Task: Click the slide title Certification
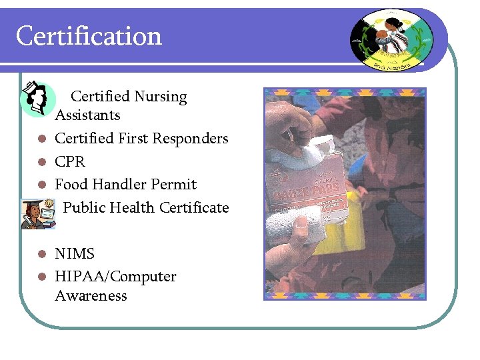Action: (x=89, y=36)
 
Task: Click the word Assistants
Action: (x=87, y=115)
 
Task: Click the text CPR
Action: (x=70, y=161)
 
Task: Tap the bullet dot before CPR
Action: (x=41, y=162)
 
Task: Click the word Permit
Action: (x=175, y=184)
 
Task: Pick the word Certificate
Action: (x=195, y=207)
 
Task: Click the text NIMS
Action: (x=75, y=254)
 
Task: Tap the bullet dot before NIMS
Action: (x=41, y=254)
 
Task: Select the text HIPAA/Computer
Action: (x=115, y=277)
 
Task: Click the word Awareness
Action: (x=91, y=296)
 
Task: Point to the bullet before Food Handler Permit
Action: (x=41, y=185)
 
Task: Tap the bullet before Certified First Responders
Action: (x=41, y=139)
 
